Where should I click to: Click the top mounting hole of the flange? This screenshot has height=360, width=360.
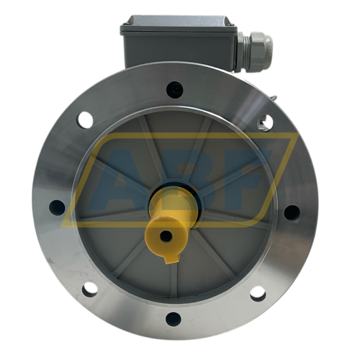click(174, 89)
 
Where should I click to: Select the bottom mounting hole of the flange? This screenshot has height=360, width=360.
click(174, 318)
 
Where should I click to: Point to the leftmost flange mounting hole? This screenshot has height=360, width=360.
click(57, 208)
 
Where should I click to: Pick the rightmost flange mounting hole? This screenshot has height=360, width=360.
click(292, 212)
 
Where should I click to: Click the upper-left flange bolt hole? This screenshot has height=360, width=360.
click(86, 120)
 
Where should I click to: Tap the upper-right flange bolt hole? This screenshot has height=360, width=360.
click(266, 122)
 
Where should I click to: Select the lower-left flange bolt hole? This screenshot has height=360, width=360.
click(89, 289)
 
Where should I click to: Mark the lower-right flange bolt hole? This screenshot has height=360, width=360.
click(258, 293)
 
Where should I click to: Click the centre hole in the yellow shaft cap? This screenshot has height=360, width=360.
click(166, 235)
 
